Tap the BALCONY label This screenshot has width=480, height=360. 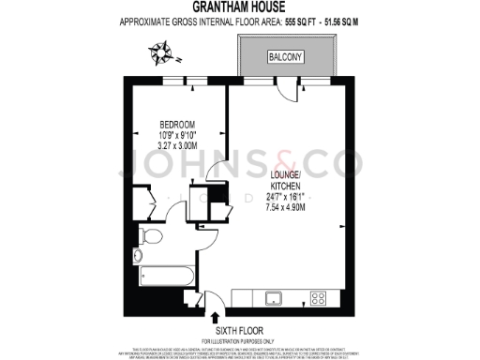point(285,57)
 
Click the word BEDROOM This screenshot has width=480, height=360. point(176,125)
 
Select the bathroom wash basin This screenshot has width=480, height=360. point(138,254)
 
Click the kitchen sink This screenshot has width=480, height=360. point(274,299)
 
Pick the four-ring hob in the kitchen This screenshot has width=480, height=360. point(318,299)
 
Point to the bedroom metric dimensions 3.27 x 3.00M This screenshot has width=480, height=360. point(176,146)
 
